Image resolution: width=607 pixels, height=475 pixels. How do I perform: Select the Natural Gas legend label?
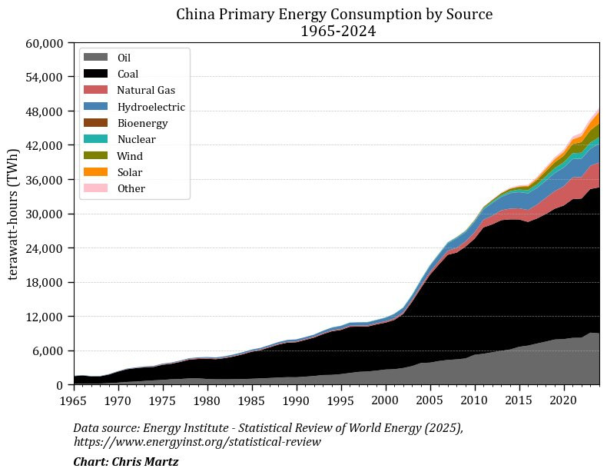pyautogui.click(x=146, y=91)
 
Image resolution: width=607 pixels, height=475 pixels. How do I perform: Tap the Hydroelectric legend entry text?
pyautogui.click(x=151, y=107)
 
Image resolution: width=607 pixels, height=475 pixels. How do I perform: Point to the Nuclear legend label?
pyautogui.click(x=136, y=140)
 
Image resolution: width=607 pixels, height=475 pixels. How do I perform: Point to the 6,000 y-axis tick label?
pyautogui.click(x=48, y=350)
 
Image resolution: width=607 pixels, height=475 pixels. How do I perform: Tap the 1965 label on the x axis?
pyautogui.click(x=74, y=400)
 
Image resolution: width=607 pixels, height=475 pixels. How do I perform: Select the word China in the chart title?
pyautogui.click(x=195, y=15)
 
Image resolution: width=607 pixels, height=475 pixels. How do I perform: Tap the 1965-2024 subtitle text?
pyautogui.click(x=334, y=32)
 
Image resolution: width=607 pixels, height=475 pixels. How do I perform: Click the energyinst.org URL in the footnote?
pyautogui.click(x=197, y=442)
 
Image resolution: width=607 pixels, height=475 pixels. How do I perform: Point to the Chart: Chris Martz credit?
pyautogui.click(x=125, y=462)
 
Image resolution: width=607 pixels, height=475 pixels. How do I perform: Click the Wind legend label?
pyautogui.click(x=130, y=156)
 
